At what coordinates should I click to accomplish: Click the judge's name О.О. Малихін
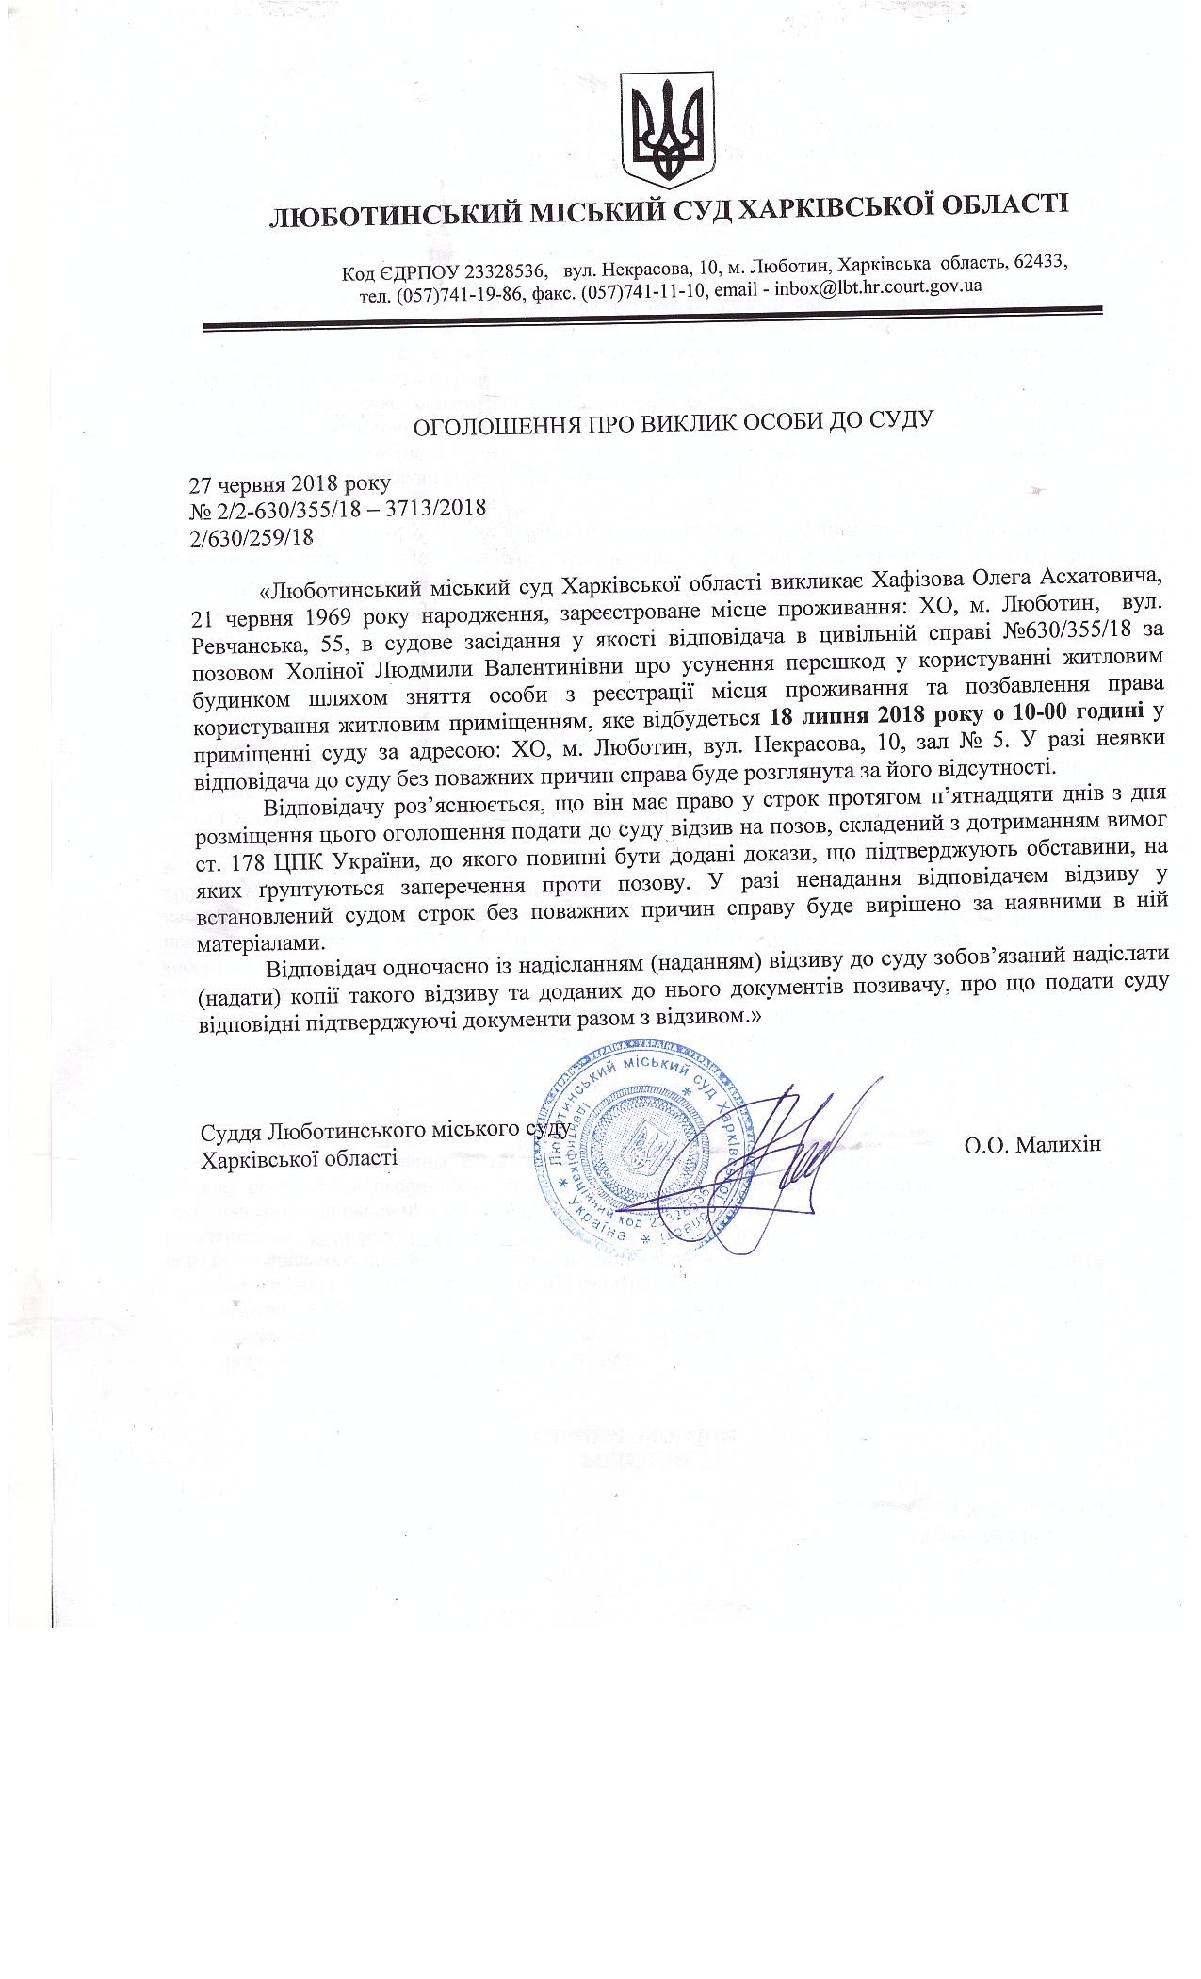[x=1031, y=1144]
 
